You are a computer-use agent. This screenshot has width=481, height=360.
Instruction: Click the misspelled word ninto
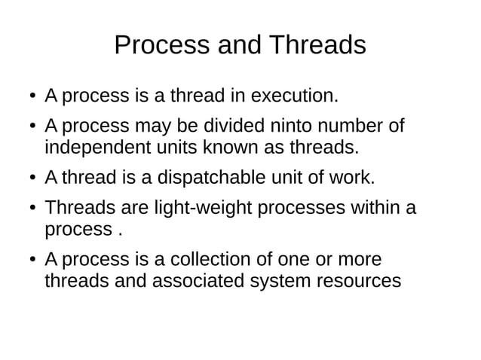click(282, 125)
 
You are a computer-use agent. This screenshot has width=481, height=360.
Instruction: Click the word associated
click(199, 282)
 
